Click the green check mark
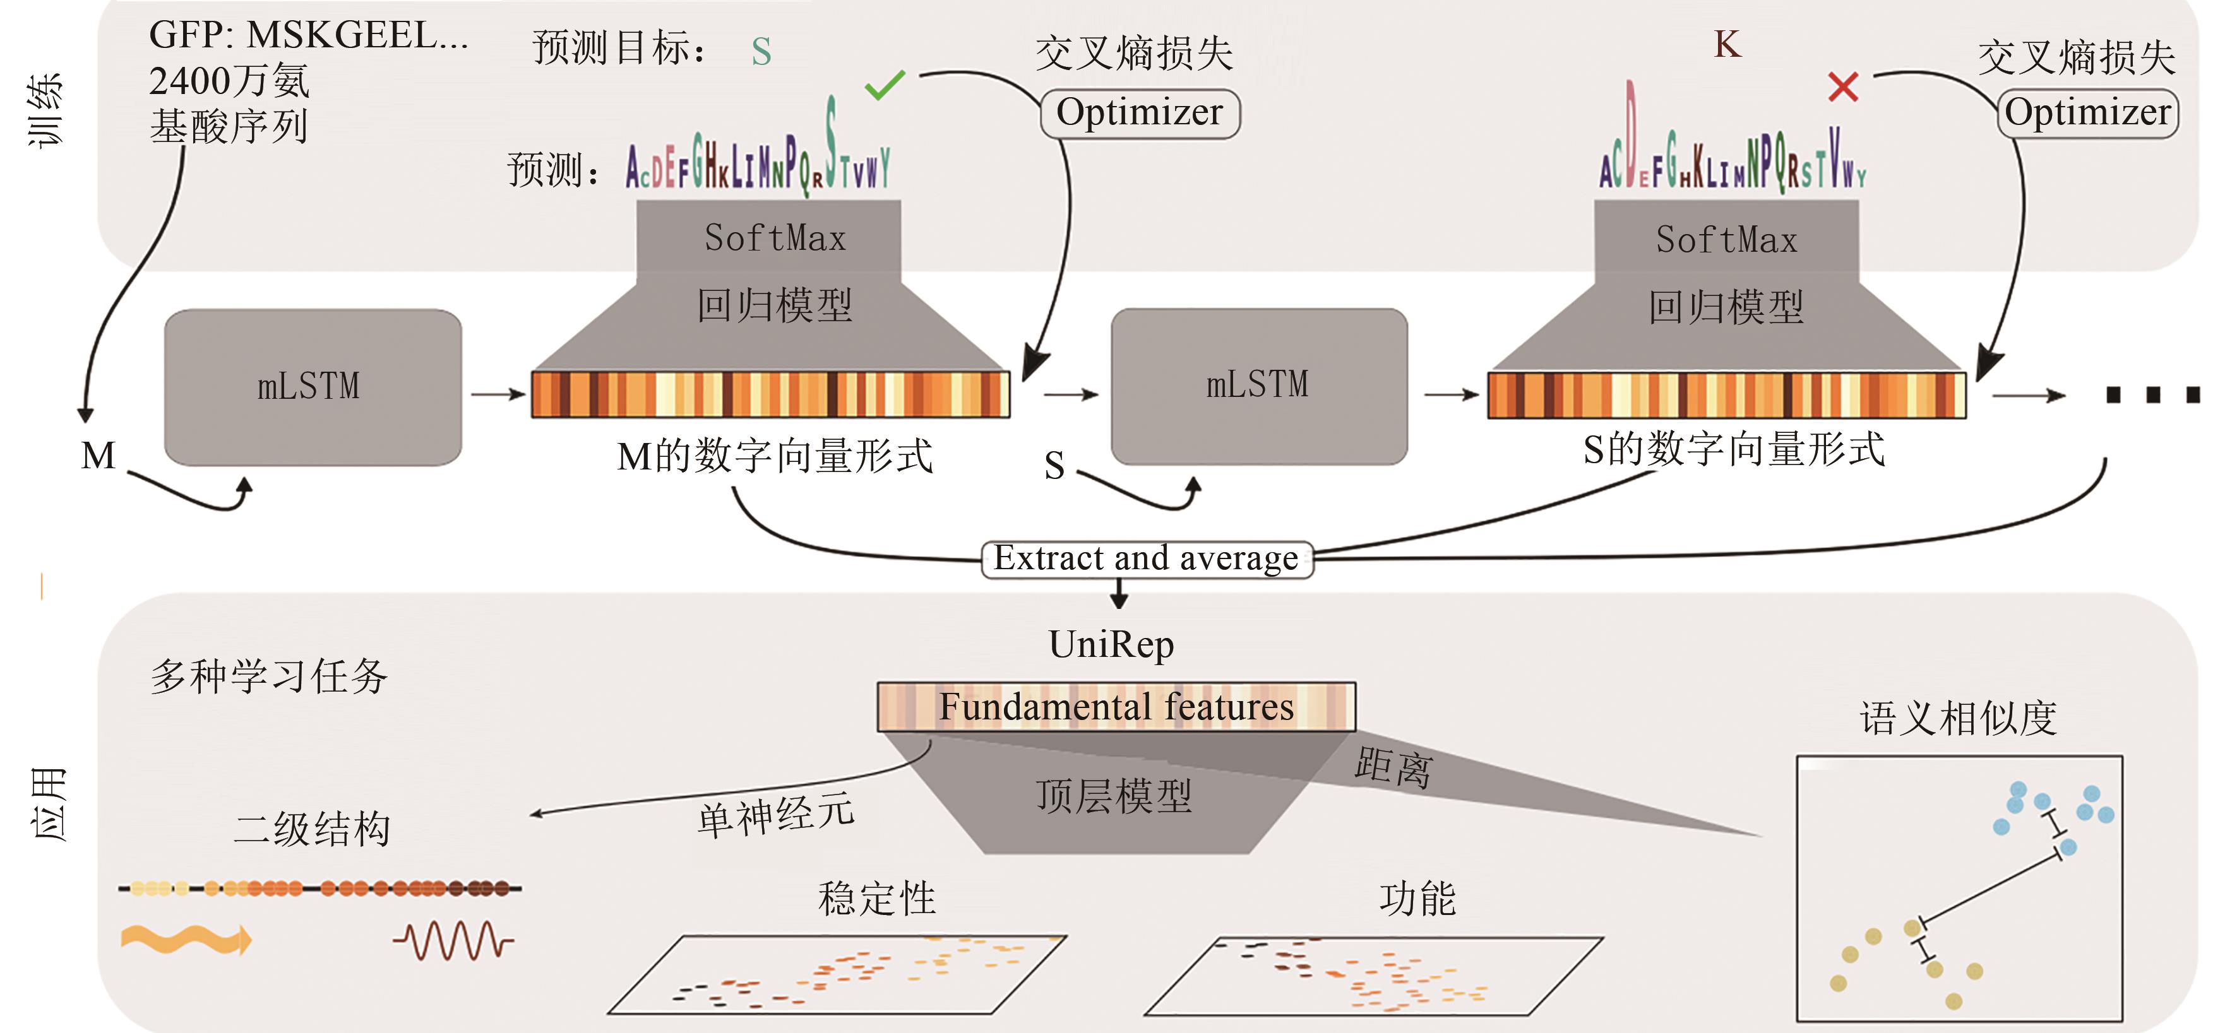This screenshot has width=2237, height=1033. click(x=885, y=85)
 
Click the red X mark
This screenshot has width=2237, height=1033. click(x=1843, y=87)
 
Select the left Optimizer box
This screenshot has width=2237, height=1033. click(x=1140, y=113)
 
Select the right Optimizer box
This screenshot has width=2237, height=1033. click(x=2087, y=113)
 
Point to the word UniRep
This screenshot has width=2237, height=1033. click(x=1111, y=644)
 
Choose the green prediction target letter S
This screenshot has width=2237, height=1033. click(x=761, y=52)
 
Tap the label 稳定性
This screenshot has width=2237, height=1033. click(x=876, y=899)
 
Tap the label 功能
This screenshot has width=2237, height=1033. click(x=1417, y=899)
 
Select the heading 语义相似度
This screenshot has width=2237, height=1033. click(x=1957, y=719)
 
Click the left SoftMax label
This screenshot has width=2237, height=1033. click(x=775, y=239)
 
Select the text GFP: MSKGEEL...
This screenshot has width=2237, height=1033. click(x=308, y=35)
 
